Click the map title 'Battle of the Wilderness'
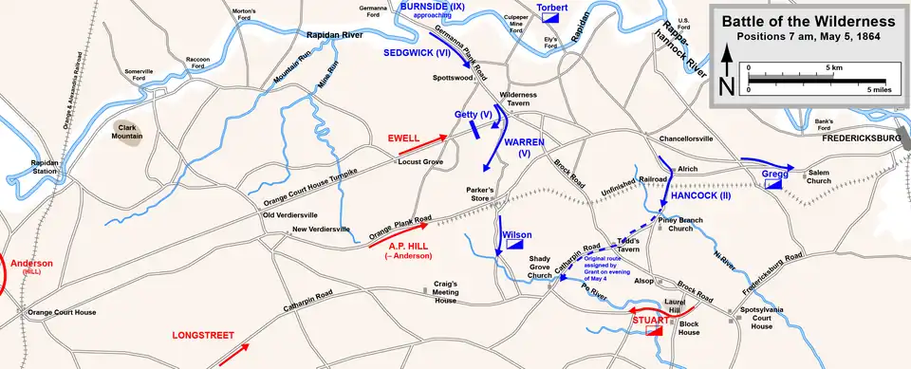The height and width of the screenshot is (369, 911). pyautogui.click(x=808, y=21)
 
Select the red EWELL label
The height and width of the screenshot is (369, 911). pyautogui.click(x=404, y=138)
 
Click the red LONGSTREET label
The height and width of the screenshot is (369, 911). pyautogui.click(x=202, y=336)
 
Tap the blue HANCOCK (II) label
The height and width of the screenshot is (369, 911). pyautogui.click(x=700, y=195)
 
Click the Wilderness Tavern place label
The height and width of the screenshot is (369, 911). pyautogui.click(x=519, y=101)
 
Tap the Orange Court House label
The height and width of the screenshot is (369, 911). pyautogui.click(x=62, y=312)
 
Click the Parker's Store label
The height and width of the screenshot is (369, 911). pyautogui.click(x=480, y=194)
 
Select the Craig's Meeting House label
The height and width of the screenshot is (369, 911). pyautogui.click(x=446, y=291)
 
